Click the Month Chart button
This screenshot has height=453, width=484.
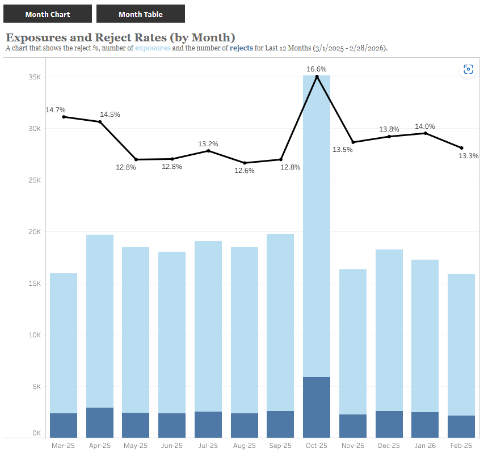coord(48,14)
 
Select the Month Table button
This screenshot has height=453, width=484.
coord(140,14)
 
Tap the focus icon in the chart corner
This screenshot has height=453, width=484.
coord(468,69)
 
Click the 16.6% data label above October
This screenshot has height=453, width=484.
coord(317,69)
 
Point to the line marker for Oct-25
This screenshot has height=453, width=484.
coord(317,77)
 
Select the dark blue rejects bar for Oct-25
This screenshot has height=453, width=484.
coord(317,407)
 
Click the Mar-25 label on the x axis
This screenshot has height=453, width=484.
coord(64,446)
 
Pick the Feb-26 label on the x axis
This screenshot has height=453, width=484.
coord(461,446)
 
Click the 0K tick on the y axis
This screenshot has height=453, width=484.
coord(36,433)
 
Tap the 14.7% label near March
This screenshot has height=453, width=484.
coord(56,110)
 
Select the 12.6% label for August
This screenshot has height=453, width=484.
coord(245,171)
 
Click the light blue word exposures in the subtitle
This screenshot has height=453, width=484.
coord(153,48)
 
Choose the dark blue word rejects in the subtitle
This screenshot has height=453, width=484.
coord(241,48)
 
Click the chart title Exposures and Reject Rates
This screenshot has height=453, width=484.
coord(120,37)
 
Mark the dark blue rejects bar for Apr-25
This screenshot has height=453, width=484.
coord(100,422)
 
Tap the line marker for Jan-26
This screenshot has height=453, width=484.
coord(425,133)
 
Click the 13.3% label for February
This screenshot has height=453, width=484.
coord(469,156)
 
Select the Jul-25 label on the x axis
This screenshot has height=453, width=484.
coord(208,446)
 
